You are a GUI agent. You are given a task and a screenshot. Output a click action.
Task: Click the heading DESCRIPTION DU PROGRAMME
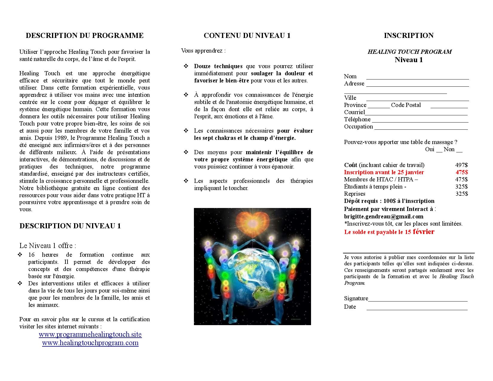tap(85, 36)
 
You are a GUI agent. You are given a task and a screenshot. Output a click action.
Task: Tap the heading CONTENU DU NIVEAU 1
tap(247, 36)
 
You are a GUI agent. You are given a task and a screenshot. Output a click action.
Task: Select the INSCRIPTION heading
tap(408, 36)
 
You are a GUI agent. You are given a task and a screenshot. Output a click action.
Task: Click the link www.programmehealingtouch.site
tap(90, 334)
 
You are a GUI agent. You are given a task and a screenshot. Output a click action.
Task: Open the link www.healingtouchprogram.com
tap(90, 343)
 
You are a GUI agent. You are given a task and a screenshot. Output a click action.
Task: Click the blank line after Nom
tap(417, 78)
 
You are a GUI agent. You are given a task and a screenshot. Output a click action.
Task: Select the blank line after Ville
tap(417, 100)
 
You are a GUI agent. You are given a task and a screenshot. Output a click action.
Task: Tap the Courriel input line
tap(416, 114)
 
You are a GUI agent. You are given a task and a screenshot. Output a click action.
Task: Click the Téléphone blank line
tap(420, 122)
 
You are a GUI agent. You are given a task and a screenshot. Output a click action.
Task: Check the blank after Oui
tap(439, 151)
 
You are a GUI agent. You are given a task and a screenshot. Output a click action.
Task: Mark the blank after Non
tap(459, 151)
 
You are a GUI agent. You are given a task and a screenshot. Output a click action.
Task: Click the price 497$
tap(461, 165)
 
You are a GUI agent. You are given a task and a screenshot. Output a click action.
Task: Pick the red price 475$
tap(462, 172)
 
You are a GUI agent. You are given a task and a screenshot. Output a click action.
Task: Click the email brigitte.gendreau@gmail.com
tap(384, 216)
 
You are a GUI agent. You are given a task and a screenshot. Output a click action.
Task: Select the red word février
tap(423, 232)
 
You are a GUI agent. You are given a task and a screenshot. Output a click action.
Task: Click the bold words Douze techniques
tap(218, 66)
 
